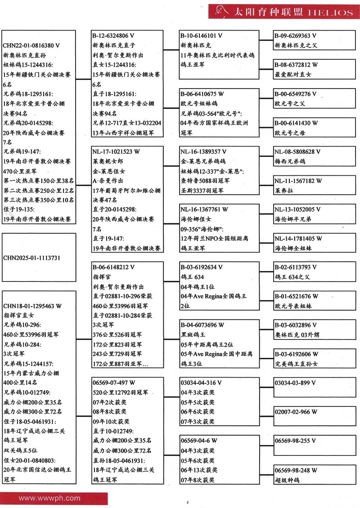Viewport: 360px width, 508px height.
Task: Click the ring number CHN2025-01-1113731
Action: tap(31, 258)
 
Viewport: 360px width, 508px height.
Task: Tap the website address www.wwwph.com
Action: tap(49, 498)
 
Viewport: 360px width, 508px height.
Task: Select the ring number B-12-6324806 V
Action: tap(113, 35)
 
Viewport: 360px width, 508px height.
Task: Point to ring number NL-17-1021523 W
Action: tap(117, 152)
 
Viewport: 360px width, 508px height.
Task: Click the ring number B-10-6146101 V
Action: tap(201, 35)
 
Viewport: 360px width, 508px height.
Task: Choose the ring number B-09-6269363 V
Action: tap(296, 35)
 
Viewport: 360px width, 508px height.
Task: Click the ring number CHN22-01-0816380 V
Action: tap(31, 45)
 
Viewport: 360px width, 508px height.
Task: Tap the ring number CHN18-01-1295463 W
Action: tap(32, 306)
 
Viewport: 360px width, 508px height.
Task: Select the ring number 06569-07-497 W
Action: tap(113, 383)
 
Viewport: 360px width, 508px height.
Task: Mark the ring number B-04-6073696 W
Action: tap(202, 325)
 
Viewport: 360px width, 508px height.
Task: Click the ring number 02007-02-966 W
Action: tap(296, 412)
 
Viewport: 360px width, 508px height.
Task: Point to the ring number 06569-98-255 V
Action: tap(295, 441)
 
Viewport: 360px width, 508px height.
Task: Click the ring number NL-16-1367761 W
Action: tap(204, 209)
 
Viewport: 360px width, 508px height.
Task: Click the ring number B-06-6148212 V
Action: tap(113, 267)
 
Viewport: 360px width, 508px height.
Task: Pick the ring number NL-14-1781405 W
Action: tap(298, 239)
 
